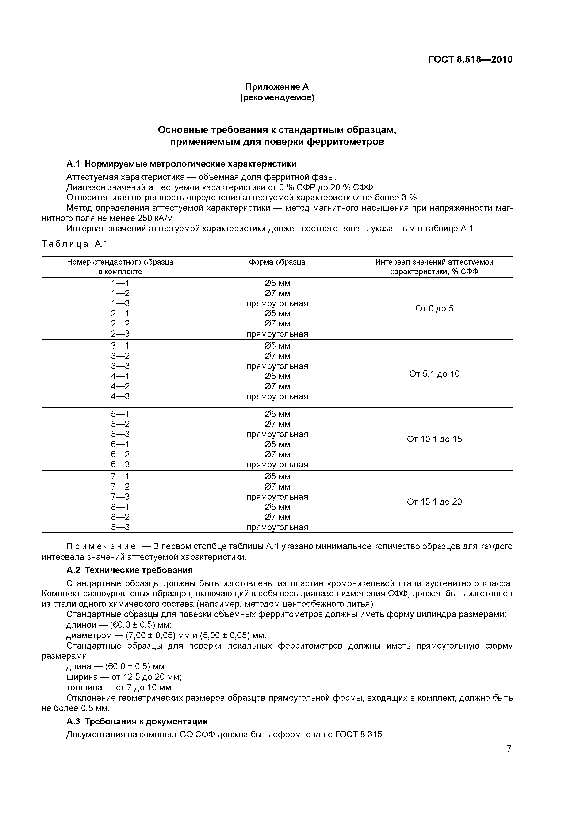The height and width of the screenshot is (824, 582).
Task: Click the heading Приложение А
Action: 277,87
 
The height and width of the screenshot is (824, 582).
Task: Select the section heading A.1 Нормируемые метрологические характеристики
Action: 181,164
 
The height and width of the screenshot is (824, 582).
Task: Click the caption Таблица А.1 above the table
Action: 75,244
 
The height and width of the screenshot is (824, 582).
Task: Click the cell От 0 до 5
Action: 434,309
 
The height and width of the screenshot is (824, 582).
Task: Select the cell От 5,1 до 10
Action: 434,374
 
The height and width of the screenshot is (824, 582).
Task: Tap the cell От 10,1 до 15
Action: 434,439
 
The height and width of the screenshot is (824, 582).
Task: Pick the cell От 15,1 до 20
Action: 434,502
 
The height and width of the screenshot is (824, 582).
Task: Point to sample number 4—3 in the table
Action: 120,396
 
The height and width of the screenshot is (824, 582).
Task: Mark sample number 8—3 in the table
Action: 120,527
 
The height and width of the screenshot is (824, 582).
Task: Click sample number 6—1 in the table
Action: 120,445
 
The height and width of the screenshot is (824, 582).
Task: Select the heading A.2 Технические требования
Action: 130,570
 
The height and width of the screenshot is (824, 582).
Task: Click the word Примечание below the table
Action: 101,547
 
